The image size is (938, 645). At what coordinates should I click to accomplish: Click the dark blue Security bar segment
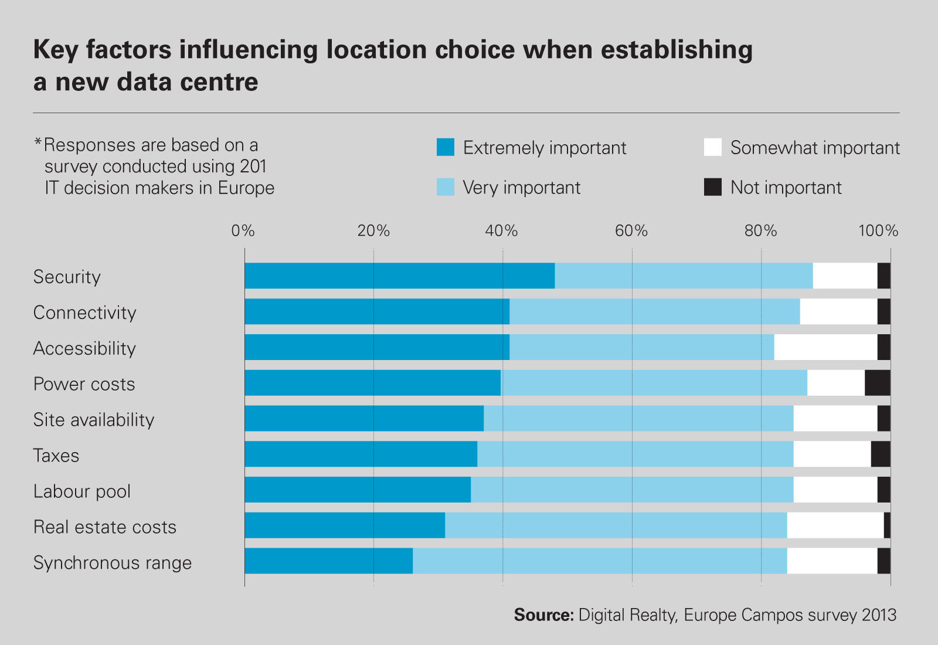click(399, 276)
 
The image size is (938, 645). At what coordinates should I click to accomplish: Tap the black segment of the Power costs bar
click(877, 383)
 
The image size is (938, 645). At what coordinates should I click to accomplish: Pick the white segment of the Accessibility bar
click(825, 347)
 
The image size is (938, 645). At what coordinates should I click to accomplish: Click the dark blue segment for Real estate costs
click(345, 525)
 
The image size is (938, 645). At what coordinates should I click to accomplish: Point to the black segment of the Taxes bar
click(881, 454)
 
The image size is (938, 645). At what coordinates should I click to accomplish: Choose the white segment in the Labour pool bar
click(835, 490)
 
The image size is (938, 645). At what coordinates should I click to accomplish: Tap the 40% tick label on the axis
click(502, 231)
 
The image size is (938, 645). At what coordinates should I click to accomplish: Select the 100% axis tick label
click(878, 231)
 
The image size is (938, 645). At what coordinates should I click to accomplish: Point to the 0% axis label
click(243, 231)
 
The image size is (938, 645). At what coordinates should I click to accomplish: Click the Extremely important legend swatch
click(446, 147)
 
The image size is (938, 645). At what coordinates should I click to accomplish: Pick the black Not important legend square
click(713, 187)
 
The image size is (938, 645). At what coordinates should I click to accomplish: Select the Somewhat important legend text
click(815, 148)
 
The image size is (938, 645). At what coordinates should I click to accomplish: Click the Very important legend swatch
click(446, 187)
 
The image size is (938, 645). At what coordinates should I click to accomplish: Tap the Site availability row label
click(94, 420)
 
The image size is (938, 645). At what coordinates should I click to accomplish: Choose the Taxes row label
click(56, 456)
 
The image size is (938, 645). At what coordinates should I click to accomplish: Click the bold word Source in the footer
click(543, 615)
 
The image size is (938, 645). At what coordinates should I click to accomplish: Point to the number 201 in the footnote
click(253, 167)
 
